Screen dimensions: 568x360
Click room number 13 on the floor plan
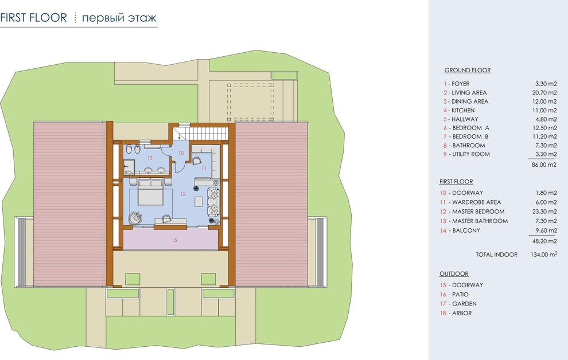click(150, 158)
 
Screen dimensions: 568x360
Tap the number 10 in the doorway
click(181, 153)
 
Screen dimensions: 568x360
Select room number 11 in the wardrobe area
click(204, 168)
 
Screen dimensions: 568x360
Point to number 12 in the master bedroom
click(182, 194)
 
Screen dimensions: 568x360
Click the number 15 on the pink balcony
click(174, 240)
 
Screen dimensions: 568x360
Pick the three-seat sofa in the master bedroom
click(213, 202)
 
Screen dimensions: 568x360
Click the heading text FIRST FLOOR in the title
click(34, 17)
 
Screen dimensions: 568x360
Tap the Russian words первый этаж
click(119, 18)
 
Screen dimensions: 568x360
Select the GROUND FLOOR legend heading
click(467, 70)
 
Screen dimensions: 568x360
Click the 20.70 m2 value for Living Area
click(544, 93)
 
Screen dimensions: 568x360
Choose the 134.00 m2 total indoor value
click(544, 255)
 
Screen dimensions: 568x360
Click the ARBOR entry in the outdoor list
click(462, 314)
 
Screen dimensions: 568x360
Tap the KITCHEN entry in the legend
click(463, 111)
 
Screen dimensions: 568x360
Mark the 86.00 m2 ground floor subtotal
click(544, 165)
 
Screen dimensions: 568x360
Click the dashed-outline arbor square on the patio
click(251, 103)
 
